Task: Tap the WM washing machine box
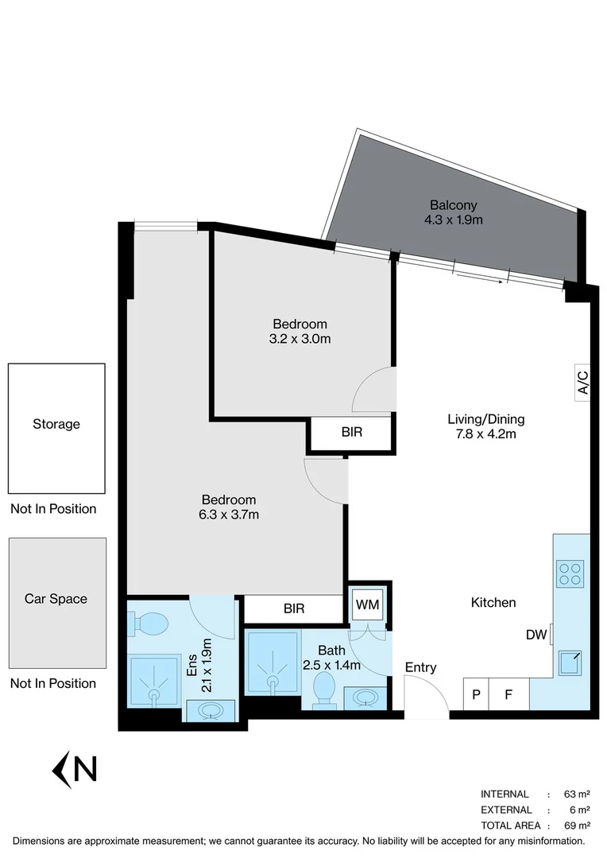(x=367, y=604)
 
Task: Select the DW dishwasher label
(x=536, y=635)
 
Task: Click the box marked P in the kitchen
(x=475, y=694)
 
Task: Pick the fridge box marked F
(x=508, y=694)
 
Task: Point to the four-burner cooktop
(x=570, y=573)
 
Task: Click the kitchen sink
(x=570, y=662)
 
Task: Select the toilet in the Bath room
(x=324, y=688)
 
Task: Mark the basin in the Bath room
(x=365, y=698)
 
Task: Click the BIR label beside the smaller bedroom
(x=352, y=433)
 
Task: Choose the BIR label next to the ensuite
(x=294, y=609)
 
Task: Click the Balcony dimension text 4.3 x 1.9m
(x=454, y=220)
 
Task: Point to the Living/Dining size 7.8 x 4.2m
(x=486, y=434)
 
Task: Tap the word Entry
(x=420, y=667)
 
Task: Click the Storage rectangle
(x=56, y=428)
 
